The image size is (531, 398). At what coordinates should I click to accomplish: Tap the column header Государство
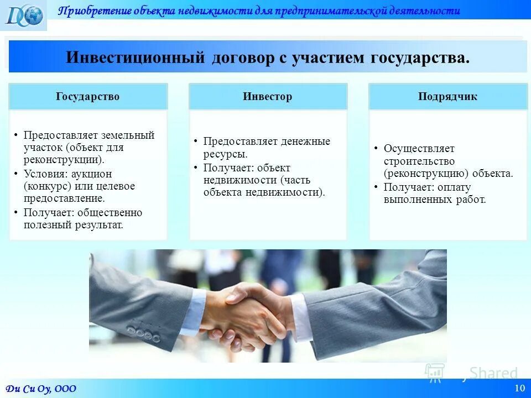coord(87,97)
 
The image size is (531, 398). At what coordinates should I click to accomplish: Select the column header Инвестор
coord(267,97)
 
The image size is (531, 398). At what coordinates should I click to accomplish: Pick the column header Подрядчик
coord(448,97)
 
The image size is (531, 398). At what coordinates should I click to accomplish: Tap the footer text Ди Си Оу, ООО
coord(41,389)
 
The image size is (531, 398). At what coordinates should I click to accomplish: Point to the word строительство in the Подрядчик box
coord(419,161)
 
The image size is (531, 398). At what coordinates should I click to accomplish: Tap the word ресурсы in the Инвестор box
coord(225,154)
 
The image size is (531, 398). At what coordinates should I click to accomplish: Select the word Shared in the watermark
coord(493,373)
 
